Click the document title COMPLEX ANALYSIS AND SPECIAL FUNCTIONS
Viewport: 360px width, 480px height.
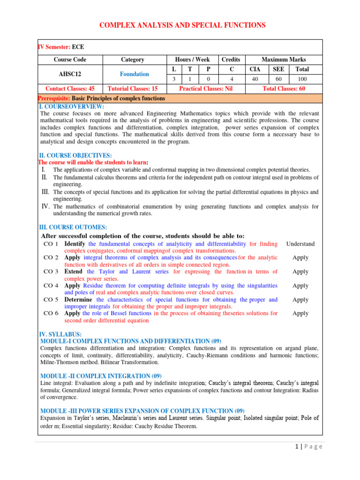182,25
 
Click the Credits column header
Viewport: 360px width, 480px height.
231,60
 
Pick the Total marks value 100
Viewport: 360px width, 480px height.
302,79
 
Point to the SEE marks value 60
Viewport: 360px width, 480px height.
278,79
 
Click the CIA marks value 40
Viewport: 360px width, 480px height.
255,79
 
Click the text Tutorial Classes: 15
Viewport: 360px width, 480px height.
132,89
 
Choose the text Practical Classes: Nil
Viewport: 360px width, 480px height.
206,89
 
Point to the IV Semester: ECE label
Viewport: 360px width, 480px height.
61,47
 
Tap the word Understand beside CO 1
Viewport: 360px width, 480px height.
300,244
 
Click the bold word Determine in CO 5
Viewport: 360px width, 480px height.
78,300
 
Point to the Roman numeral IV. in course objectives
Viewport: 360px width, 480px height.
46,206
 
